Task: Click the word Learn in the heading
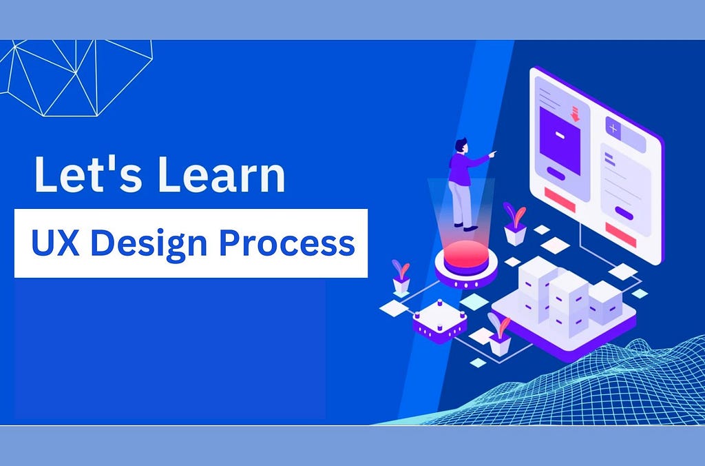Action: click(x=221, y=174)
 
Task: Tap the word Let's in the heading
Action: click(x=87, y=174)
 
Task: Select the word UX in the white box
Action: click(x=55, y=243)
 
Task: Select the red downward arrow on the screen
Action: click(x=575, y=114)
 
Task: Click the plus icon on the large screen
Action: click(x=613, y=128)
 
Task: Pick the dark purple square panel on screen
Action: click(x=560, y=140)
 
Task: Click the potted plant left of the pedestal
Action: click(x=401, y=277)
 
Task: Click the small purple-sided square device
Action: click(x=439, y=321)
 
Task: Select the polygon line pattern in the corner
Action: click(x=76, y=77)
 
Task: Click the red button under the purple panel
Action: click(x=560, y=199)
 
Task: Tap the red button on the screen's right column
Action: click(x=620, y=234)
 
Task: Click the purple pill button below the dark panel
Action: click(x=556, y=173)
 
